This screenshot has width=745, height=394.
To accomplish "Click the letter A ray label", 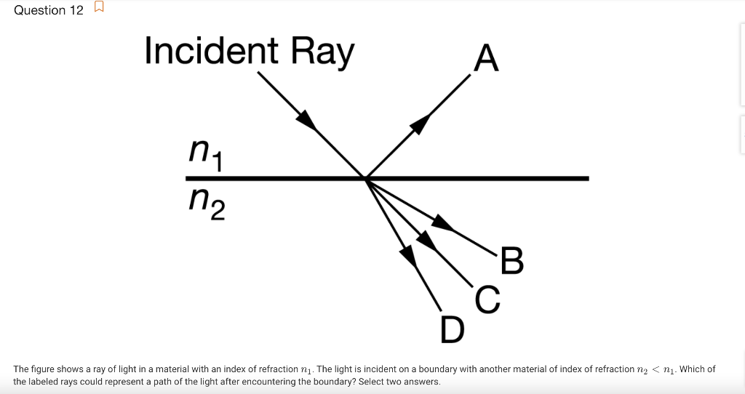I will [486, 58].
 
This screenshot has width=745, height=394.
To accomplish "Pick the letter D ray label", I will [452, 329].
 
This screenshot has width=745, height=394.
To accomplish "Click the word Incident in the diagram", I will [212, 51].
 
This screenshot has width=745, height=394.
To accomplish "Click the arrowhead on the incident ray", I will [307, 119].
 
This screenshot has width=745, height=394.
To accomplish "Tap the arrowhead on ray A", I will [420, 124].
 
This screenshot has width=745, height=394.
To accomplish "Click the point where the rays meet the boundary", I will [365, 177].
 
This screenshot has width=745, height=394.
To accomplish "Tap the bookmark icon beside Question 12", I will [99, 9].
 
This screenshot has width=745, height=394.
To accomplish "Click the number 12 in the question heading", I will [76, 9].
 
